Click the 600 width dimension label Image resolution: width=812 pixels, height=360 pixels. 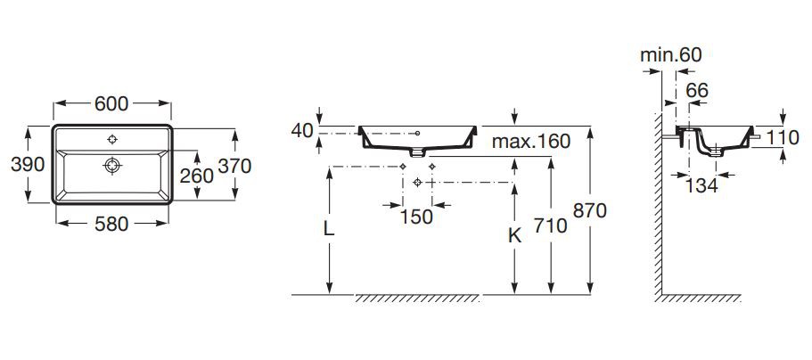coord(111,103)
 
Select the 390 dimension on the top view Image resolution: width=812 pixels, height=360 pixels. coord(28,165)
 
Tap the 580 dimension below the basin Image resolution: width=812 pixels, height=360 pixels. coord(111,224)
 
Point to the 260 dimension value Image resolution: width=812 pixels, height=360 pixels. coord(197,176)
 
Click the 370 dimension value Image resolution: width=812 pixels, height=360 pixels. coord(234,166)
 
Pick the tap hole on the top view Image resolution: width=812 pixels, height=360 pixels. coord(111,139)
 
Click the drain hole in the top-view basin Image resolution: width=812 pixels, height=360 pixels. coord(111,166)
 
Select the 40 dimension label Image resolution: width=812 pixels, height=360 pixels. coord(302,130)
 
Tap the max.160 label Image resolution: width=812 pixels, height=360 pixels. coord(531,141)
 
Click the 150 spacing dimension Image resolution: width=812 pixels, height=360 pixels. coord(416,217)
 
